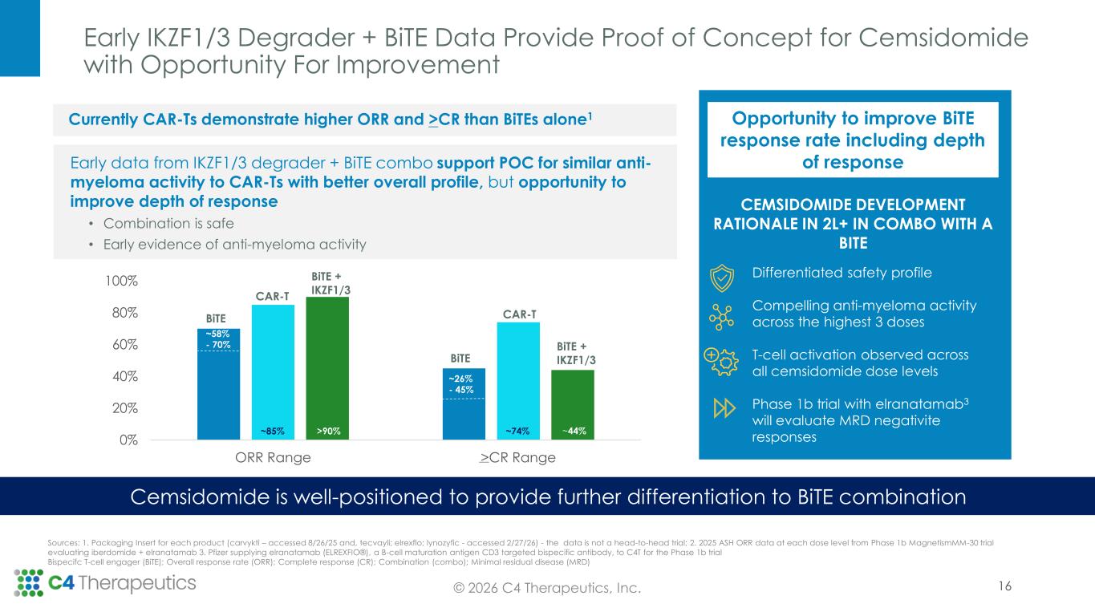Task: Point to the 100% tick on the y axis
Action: pyautogui.click(x=120, y=282)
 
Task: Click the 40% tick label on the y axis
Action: pyautogui.click(x=123, y=376)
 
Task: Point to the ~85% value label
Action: pyautogui.click(x=273, y=432)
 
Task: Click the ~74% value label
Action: pyautogui.click(x=518, y=432)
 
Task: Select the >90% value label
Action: pyautogui.click(x=327, y=432)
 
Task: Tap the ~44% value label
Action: pyautogui.click(x=573, y=432)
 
